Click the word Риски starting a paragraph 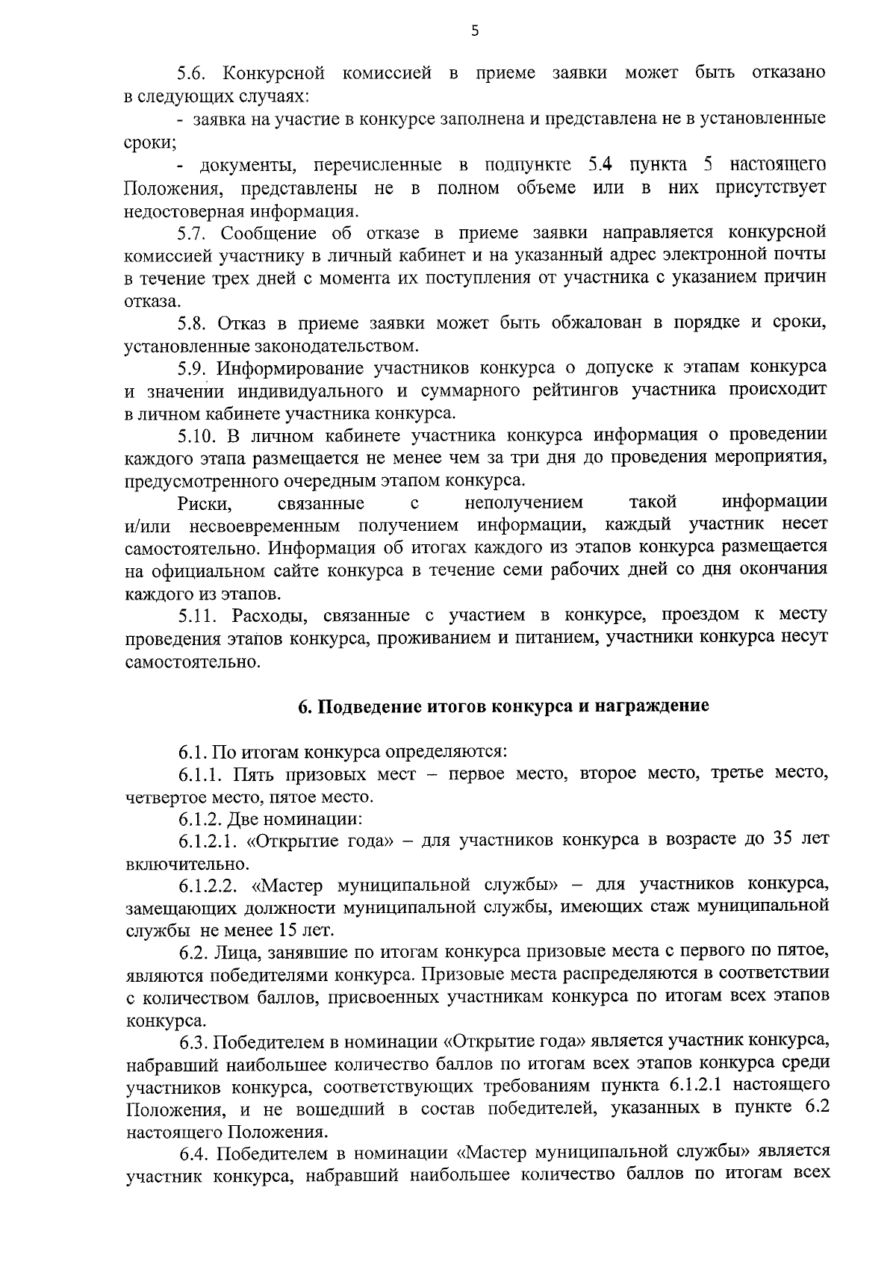pyautogui.click(x=200, y=503)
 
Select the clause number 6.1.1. pyautogui.click(x=200, y=773)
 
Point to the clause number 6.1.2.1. pyautogui.click(x=208, y=841)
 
